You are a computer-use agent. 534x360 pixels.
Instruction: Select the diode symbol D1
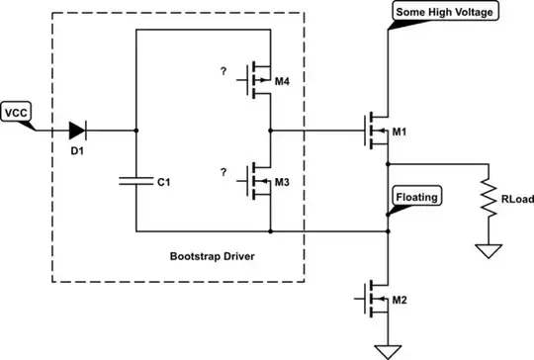coord(77,130)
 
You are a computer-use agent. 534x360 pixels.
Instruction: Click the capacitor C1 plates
coord(136,181)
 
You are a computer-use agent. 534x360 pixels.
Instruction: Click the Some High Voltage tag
coord(445,12)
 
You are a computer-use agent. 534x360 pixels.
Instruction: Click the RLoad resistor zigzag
coord(487,196)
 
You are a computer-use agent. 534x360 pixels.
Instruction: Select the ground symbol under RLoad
coord(487,250)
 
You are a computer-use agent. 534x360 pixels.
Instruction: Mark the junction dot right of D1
coord(136,130)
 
